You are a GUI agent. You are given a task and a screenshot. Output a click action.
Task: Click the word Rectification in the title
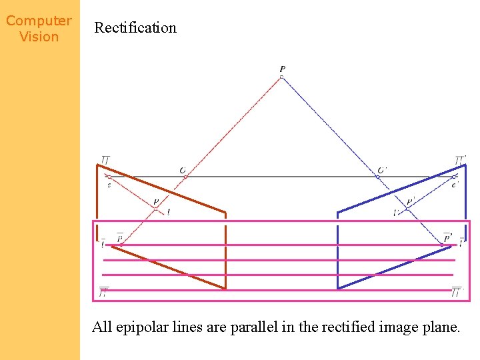click(x=135, y=28)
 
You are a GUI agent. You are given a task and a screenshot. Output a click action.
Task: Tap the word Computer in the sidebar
click(x=39, y=21)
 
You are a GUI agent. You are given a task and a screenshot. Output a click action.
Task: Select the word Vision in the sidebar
click(x=39, y=37)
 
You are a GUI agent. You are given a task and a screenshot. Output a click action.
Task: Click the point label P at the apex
click(x=283, y=69)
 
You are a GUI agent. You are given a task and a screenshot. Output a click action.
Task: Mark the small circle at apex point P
click(x=281, y=77)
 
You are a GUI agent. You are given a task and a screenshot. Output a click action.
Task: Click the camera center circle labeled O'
click(x=377, y=177)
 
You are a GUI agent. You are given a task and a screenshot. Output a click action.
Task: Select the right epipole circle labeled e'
click(x=453, y=177)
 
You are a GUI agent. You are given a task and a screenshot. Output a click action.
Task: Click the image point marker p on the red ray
click(x=156, y=209)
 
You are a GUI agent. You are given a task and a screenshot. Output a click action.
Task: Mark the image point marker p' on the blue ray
click(x=407, y=209)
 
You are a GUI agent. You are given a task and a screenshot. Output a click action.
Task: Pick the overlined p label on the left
click(x=120, y=237)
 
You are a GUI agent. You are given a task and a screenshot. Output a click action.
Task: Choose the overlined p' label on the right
click(x=447, y=237)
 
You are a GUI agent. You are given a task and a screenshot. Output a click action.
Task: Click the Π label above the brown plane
click(x=105, y=161)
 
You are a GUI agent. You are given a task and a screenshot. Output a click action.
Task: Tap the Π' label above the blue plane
click(x=460, y=161)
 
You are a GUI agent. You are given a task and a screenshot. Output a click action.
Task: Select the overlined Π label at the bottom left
click(x=104, y=292)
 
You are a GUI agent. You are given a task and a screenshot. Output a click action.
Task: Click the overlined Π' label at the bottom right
click(x=456, y=292)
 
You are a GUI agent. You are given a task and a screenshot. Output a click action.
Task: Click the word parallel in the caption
click(x=256, y=327)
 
